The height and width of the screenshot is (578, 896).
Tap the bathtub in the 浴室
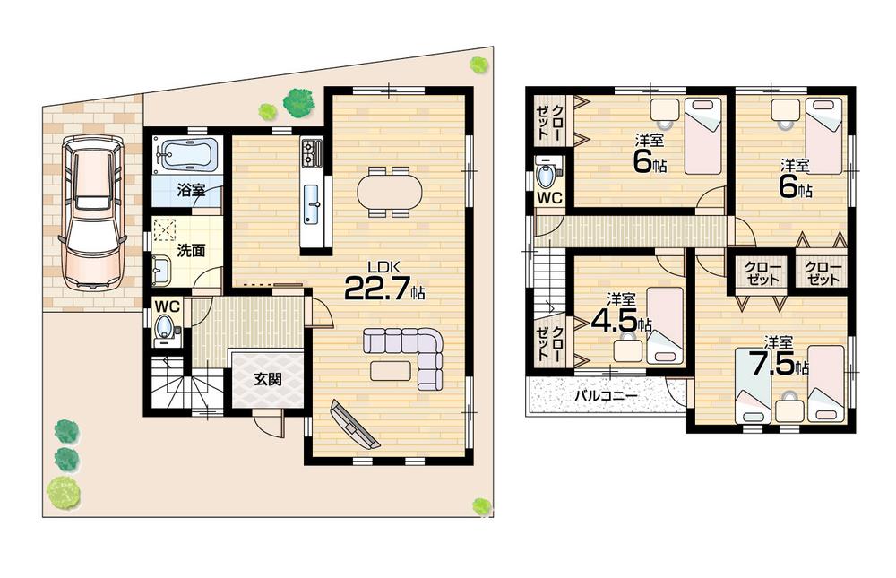pos(185,154)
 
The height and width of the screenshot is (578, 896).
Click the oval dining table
pos(389,191)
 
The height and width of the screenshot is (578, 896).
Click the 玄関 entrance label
pos(267,379)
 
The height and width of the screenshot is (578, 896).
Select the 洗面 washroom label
pos(190,251)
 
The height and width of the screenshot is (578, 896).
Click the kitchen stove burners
pos(311,152)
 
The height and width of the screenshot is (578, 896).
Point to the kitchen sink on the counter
pos(313,203)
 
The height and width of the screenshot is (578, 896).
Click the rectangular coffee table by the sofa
pos(390,369)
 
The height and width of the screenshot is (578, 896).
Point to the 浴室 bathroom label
pos(190,190)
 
